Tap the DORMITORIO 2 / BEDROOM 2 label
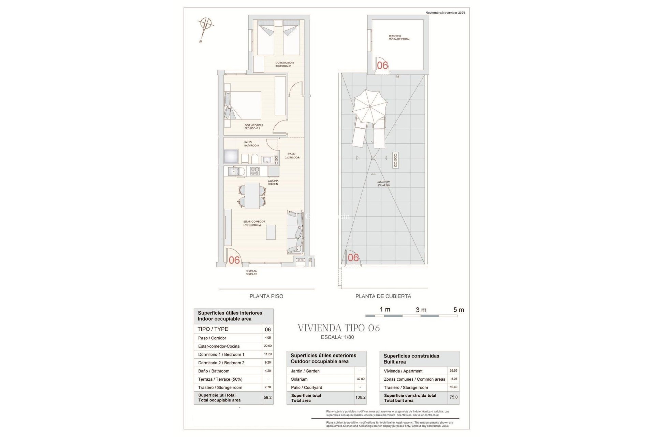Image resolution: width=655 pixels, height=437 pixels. pyautogui.click(x=284, y=64)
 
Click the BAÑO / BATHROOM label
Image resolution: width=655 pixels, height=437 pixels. pyautogui.click(x=251, y=144)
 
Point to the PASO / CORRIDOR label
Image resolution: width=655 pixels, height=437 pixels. pyautogui.click(x=292, y=156)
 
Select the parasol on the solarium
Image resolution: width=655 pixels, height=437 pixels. pyautogui.click(x=370, y=107)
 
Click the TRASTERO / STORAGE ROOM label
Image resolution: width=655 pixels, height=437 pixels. pyautogui.click(x=399, y=38)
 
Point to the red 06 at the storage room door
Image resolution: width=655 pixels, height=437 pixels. pyautogui.click(x=382, y=65)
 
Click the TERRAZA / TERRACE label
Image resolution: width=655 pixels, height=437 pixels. pyautogui.click(x=251, y=272)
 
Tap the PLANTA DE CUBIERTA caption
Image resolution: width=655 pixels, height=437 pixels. pyautogui.click(x=383, y=296)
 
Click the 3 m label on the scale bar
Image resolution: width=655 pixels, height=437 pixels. pyautogui.click(x=421, y=310)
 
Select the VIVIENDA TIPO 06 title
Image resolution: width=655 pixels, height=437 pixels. pyautogui.click(x=338, y=328)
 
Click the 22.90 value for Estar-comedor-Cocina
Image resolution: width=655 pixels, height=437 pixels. pyautogui.click(x=268, y=346)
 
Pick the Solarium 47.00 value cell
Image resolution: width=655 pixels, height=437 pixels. pyautogui.click(x=360, y=379)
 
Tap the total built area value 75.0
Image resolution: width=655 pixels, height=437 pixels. pyautogui.click(x=453, y=397)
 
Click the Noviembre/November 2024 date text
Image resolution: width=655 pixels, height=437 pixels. pyautogui.click(x=445, y=13)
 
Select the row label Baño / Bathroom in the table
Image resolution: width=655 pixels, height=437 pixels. pyautogui.click(x=214, y=371)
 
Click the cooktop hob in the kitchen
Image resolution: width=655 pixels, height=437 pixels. pyautogui.click(x=255, y=171)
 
